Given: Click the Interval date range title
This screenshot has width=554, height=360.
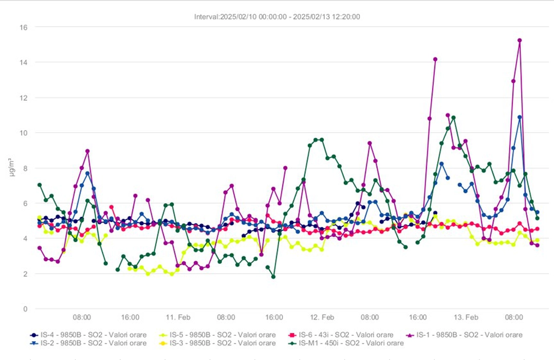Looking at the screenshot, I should pyautogui.click(x=277, y=16).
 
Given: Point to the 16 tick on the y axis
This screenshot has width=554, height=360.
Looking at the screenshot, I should pyautogui.click(x=24, y=27).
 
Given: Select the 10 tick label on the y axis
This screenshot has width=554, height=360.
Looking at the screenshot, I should pyautogui.click(x=24, y=133).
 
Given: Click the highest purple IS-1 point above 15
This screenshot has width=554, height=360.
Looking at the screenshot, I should pyautogui.click(x=520, y=40).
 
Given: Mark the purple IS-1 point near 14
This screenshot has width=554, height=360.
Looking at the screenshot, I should pyautogui.click(x=435, y=59).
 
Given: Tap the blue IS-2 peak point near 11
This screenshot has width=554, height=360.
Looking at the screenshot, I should pyautogui.click(x=520, y=117).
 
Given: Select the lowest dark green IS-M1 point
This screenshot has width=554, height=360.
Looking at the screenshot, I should pyautogui.click(x=273, y=277).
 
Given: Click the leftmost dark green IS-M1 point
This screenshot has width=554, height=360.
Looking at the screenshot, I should pyautogui.click(x=40, y=185).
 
